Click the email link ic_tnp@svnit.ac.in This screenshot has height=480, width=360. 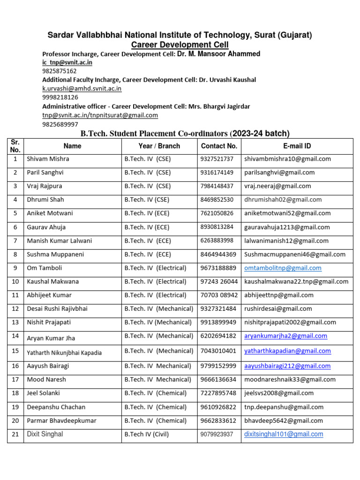(67, 62)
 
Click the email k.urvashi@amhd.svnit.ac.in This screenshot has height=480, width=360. (82, 88)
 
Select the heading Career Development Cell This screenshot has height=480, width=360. (180, 45)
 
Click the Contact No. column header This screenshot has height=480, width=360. (219, 146)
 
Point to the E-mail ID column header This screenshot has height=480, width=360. (297, 146)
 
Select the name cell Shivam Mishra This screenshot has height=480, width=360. (48, 159)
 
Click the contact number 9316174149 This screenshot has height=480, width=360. (217, 172)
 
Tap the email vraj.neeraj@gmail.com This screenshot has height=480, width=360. (277, 186)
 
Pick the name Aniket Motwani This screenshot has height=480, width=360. (50, 213)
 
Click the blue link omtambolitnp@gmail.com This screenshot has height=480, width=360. (283, 268)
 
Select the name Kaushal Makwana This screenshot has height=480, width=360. (52, 282)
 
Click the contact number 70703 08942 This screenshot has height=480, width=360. (219, 295)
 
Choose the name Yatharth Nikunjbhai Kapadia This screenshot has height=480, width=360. (64, 353)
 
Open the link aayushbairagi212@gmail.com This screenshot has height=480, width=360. (287, 366)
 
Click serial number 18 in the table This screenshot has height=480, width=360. (15, 393)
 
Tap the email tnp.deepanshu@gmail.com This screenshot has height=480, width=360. (284, 407)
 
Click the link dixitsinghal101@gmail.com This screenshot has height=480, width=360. (284, 435)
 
